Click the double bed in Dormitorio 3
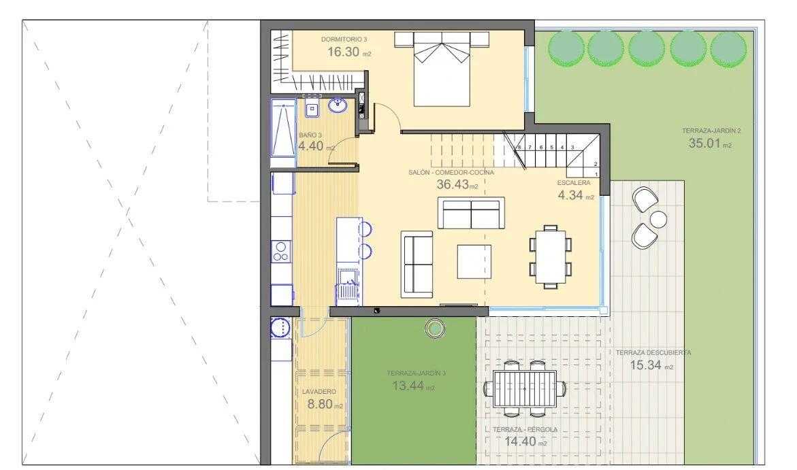click(442, 69)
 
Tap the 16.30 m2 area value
click(349, 52)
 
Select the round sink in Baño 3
click(338, 105)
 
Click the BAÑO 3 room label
click(310, 135)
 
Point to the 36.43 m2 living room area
click(457, 184)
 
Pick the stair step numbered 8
click(519, 148)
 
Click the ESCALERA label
click(574, 182)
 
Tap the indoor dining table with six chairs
click(551, 257)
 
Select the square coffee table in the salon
click(474, 262)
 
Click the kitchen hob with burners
click(280, 252)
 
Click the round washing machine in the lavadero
click(280, 328)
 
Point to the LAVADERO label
click(319, 392)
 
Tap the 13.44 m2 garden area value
click(413, 386)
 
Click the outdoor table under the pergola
click(525, 388)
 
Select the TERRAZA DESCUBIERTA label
click(653, 352)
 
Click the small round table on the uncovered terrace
click(658, 220)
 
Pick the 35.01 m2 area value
click(710, 144)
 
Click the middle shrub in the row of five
click(647, 49)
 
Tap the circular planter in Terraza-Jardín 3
click(435, 329)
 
